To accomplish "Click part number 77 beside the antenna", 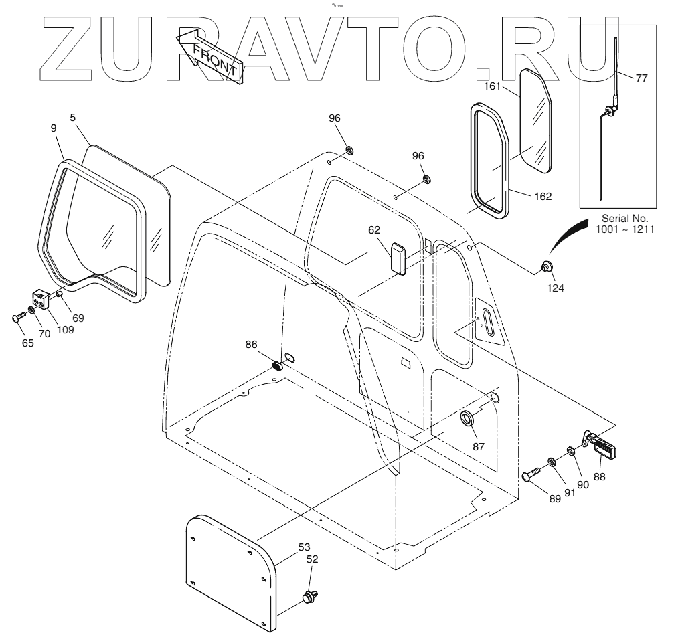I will pos(641,78).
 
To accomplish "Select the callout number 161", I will pos(492,86).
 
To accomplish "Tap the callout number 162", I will pos(543,196).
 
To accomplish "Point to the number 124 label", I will pos(556,288).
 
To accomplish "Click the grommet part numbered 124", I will pos(546,268).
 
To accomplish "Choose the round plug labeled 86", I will pos(276,366).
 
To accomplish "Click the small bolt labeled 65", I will pos(17,317).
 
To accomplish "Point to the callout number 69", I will pos(78,318).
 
